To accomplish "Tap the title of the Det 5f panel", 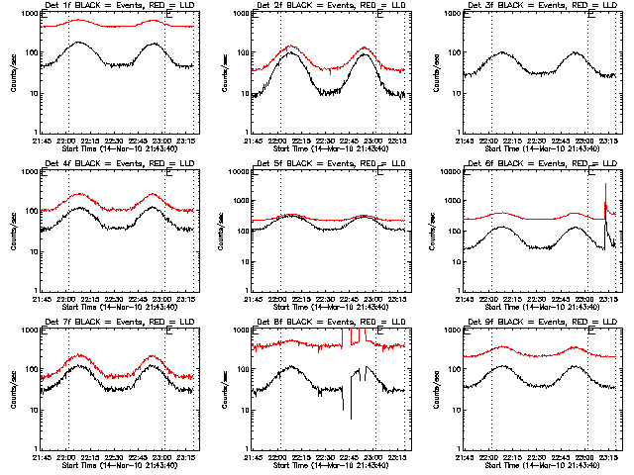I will [x=330, y=164].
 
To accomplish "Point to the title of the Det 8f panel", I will [x=330, y=322].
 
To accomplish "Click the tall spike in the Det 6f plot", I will [x=605, y=185].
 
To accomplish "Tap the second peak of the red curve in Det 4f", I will [x=153, y=195].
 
